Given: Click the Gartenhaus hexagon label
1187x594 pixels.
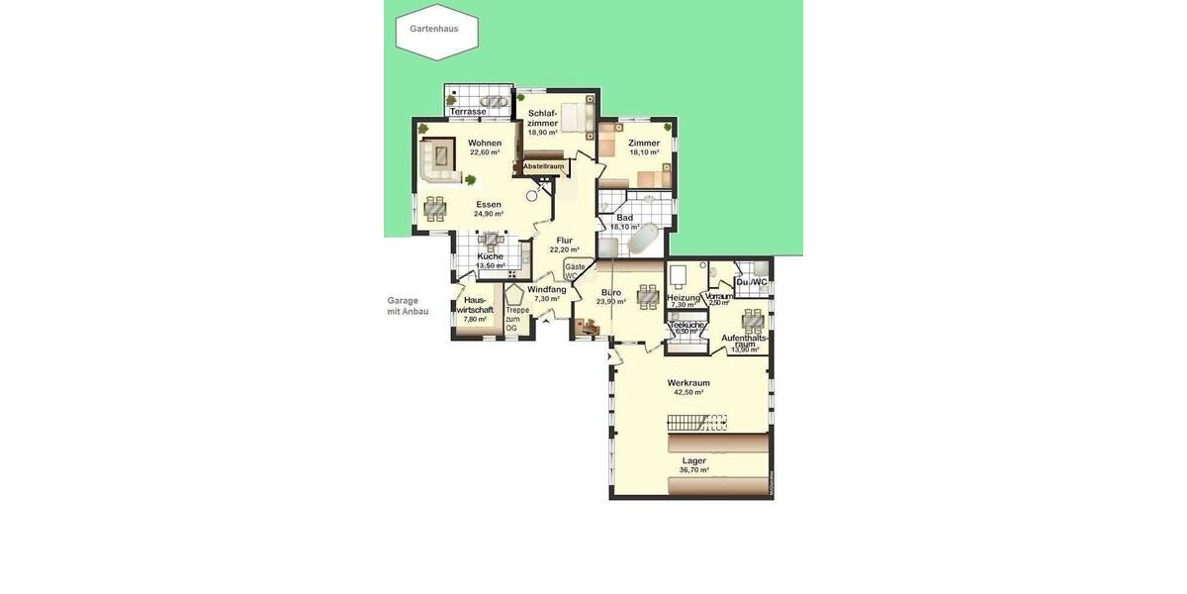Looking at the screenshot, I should pyautogui.click(x=434, y=29).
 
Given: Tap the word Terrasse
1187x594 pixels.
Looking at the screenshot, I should pyautogui.click(x=468, y=112).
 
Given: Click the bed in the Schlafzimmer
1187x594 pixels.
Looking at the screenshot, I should pyautogui.click(x=575, y=114).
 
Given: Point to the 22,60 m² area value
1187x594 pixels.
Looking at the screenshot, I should pyautogui.click(x=485, y=152).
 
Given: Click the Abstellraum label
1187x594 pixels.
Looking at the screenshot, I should pyautogui.click(x=543, y=166).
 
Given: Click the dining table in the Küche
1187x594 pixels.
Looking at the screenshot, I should pyautogui.click(x=491, y=240).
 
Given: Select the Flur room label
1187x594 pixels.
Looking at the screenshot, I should pyautogui.click(x=565, y=241).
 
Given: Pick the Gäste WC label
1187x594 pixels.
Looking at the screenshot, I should pyautogui.click(x=575, y=271).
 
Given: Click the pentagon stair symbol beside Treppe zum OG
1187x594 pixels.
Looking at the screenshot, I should pyautogui.click(x=514, y=295).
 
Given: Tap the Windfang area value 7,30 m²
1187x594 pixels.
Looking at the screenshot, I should pyautogui.click(x=547, y=299).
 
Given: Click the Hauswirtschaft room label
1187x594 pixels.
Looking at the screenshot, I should pyautogui.click(x=475, y=305).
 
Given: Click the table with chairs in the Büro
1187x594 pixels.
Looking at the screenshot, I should pyautogui.click(x=648, y=295).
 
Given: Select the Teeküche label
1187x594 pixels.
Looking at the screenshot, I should pyautogui.click(x=686, y=326).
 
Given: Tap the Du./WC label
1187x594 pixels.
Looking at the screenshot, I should pyautogui.click(x=752, y=282).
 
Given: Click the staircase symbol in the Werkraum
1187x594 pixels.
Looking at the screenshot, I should pyautogui.click(x=696, y=423).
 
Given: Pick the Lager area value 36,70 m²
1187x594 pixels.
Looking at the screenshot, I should pyautogui.click(x=694, y=470).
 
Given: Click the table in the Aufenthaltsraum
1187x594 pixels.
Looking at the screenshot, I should pyautogui.click(x=754, y=319).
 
